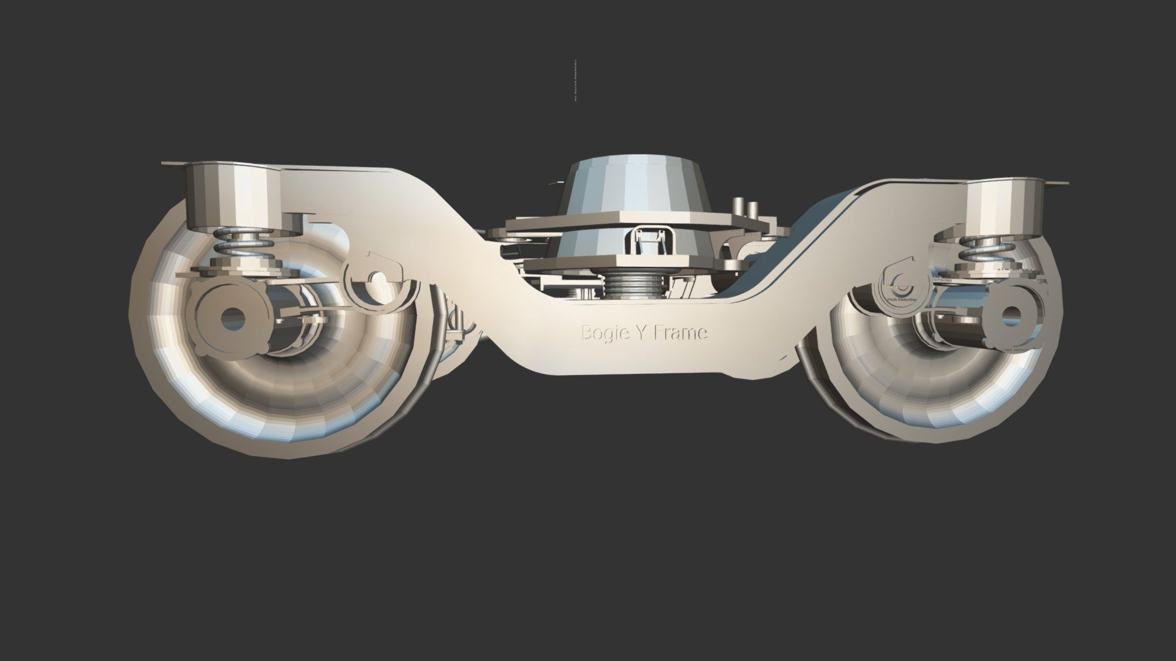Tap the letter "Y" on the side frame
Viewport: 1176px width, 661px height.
(640, 333)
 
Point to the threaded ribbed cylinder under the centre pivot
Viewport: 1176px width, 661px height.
(634, 285)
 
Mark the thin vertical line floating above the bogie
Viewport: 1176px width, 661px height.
(576, 80)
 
